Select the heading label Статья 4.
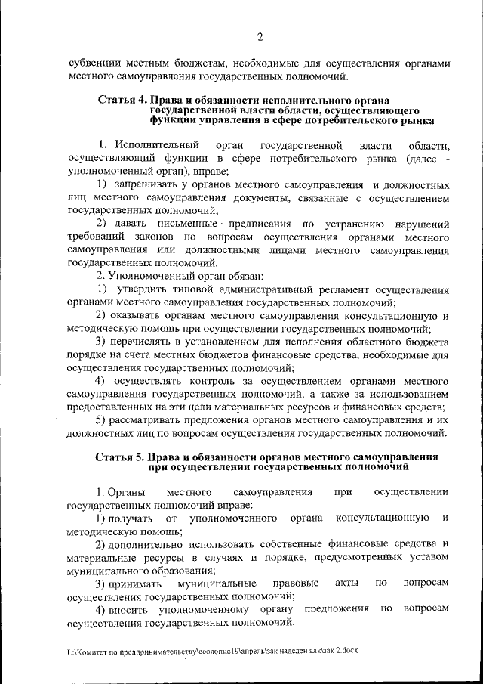[122, 101]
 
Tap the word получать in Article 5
[131, 518]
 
